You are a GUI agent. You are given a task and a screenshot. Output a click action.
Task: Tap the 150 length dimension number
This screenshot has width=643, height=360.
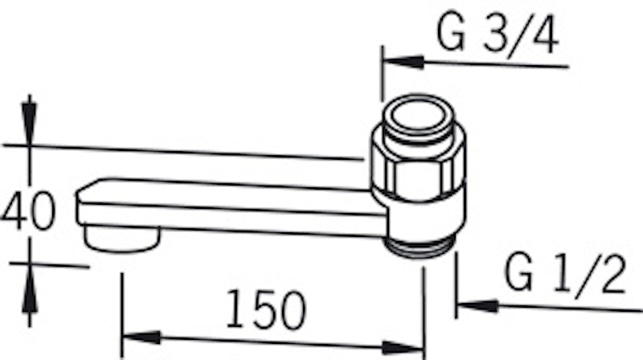[266, 309]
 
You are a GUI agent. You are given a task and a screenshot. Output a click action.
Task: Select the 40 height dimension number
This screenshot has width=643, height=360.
[28, 211]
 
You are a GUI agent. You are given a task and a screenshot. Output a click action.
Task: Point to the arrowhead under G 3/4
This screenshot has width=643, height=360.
[404, 63]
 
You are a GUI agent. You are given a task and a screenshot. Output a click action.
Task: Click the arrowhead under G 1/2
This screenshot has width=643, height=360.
[477, 306]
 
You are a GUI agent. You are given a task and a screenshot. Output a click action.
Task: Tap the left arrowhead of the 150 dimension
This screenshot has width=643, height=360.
[142, 337]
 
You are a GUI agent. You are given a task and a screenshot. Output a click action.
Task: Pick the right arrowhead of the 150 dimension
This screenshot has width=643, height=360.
[403, 348]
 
